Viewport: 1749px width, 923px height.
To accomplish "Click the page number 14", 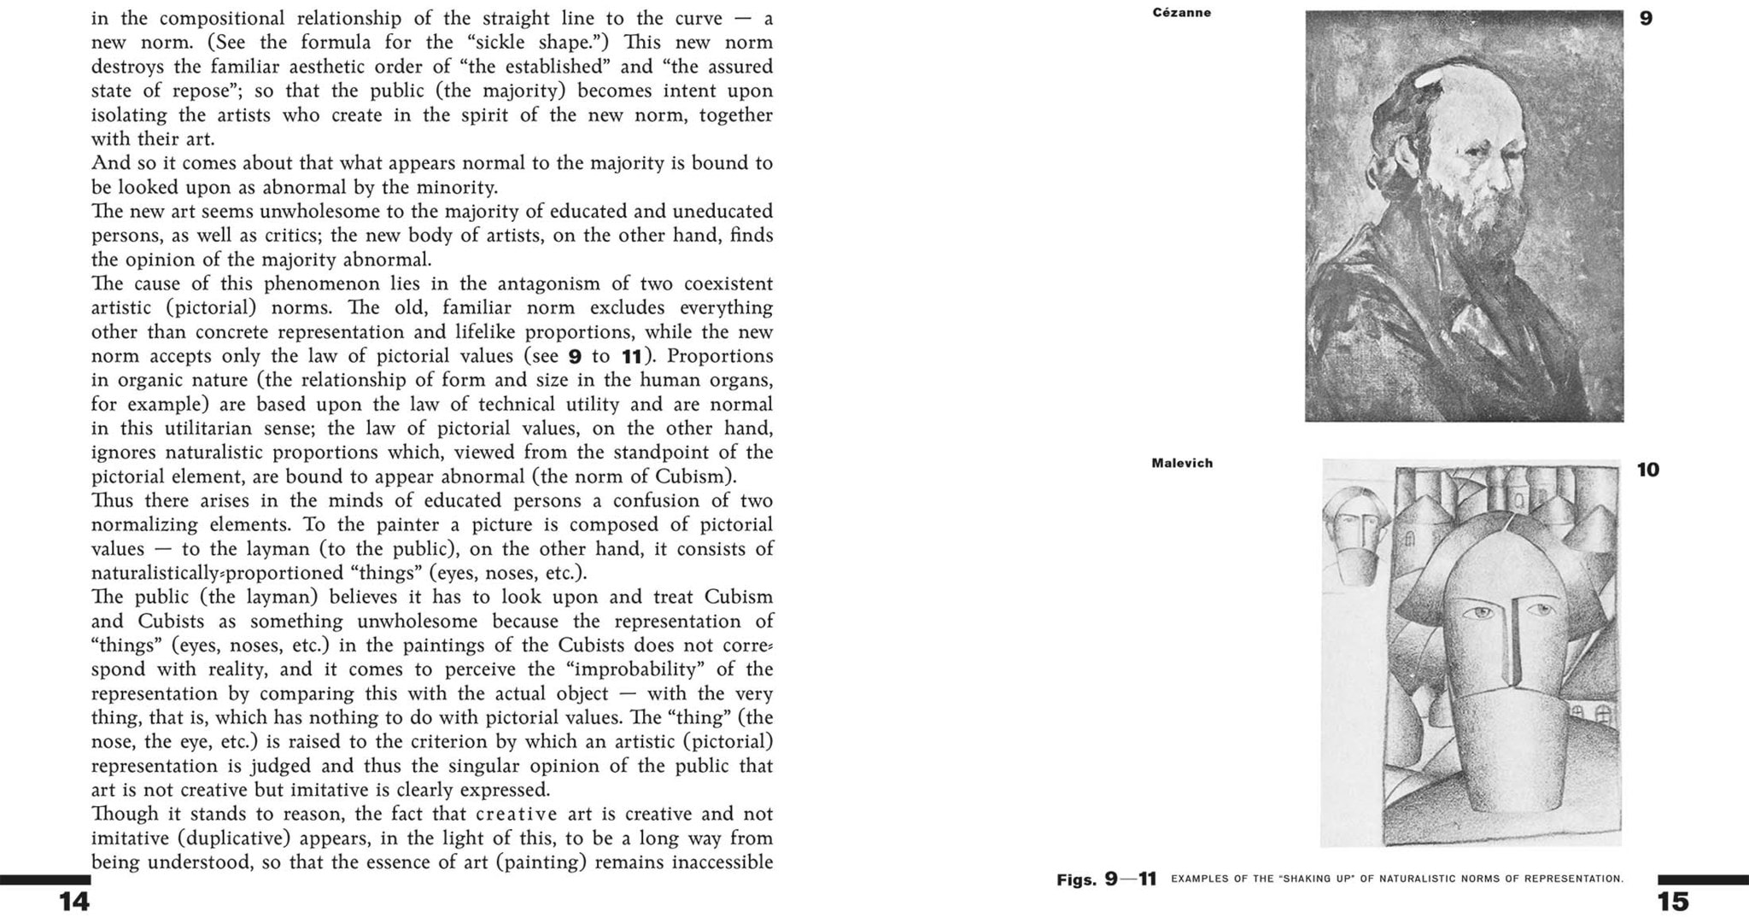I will [74, 902].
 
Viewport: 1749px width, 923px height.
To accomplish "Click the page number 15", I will [1673, 902].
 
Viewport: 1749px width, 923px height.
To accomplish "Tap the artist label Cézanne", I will [1181, 13].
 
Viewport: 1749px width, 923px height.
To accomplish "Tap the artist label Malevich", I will [1182, 464].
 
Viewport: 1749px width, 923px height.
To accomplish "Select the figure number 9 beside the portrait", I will [1646, 18].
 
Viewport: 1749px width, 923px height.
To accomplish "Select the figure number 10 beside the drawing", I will [1647, 470].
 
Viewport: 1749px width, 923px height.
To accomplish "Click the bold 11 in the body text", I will [631, 357].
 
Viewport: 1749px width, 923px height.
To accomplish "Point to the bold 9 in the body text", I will [575, 357].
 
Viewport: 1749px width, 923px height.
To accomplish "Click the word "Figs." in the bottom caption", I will [1076, 879].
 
